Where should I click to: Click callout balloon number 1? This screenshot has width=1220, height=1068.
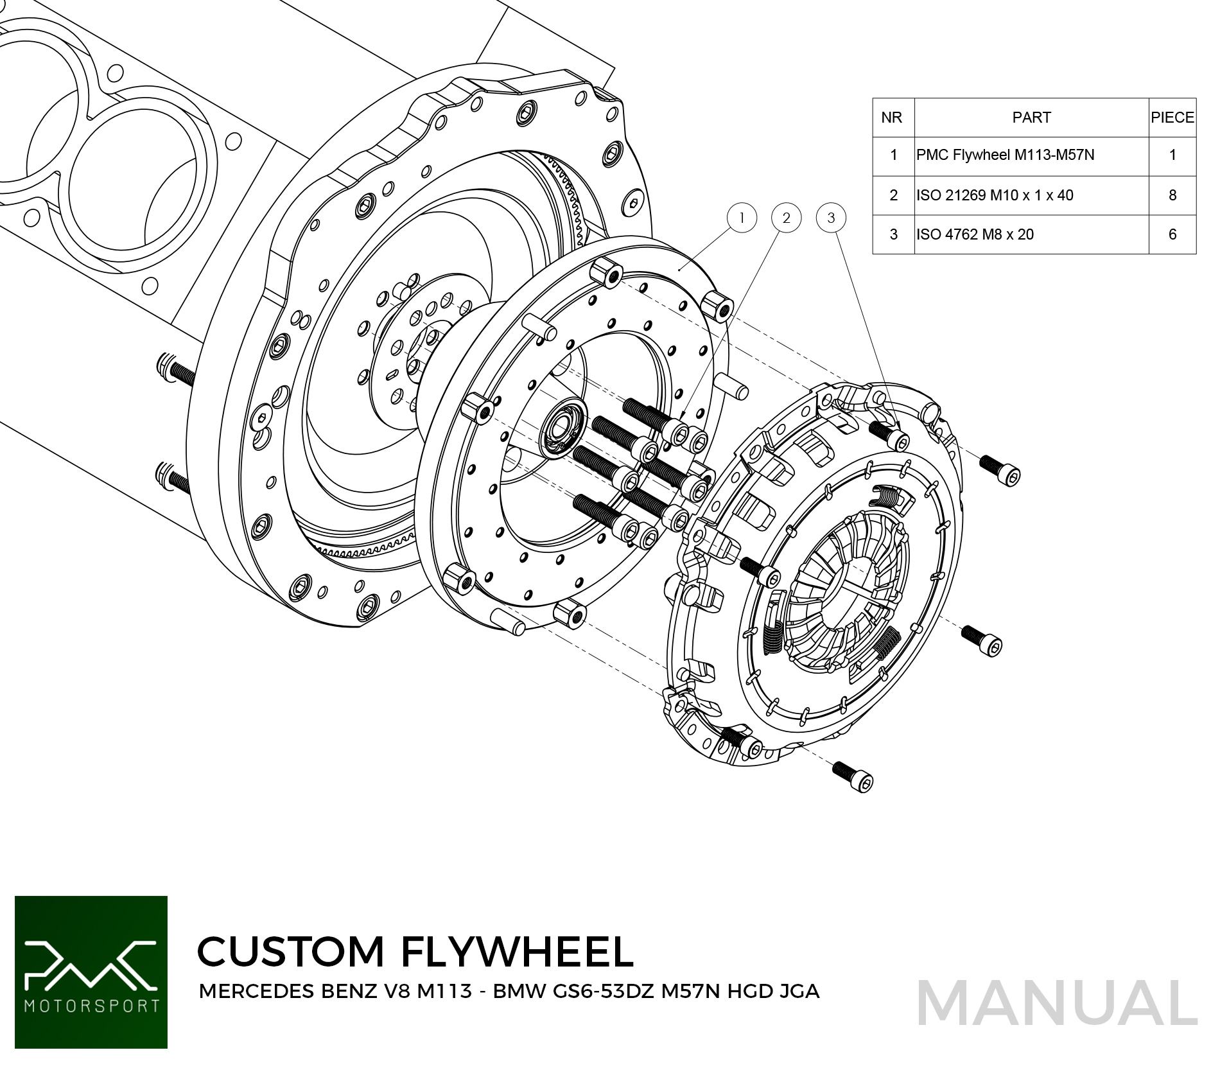point(742,218)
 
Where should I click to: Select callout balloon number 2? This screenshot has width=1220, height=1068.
point(786,218)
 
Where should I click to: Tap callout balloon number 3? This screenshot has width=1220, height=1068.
point(831,218)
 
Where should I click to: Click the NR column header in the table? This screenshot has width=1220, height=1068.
point(892,118)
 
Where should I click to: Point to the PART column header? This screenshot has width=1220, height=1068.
point(1031,118)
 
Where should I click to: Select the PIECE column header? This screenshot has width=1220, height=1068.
point(1172,118)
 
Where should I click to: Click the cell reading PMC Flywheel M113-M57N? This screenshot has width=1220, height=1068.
point(1006,155)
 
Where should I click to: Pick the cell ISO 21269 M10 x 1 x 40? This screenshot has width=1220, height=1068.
point(995,195)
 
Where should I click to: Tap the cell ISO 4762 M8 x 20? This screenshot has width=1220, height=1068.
point(975,234)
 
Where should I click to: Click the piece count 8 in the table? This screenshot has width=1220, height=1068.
point(1172,195)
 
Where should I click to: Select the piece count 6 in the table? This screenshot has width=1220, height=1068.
point(1172,234)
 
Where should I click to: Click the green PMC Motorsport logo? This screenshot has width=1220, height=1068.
point(91,972)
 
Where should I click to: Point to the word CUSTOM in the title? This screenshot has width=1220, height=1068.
point(290,952)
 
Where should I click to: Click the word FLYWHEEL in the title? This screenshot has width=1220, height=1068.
point(518,952)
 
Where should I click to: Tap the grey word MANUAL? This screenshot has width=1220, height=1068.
point(1057,1004)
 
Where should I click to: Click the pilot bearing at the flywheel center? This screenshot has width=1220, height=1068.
point(562,427)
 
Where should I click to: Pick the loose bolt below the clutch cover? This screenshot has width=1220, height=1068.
point(853,776)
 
